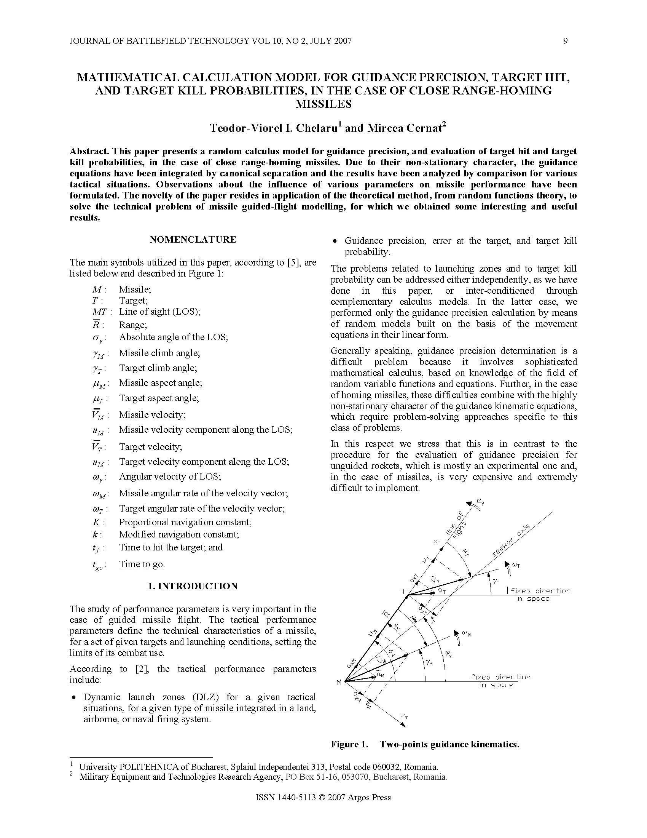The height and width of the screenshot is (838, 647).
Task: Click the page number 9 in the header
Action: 565,41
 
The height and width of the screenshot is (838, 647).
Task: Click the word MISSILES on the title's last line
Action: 323,104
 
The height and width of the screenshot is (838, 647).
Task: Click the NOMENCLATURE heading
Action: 193,240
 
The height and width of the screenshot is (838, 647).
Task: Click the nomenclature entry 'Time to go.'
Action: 142,564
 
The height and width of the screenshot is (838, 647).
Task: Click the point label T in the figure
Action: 403,591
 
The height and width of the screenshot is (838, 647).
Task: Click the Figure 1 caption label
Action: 349,745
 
